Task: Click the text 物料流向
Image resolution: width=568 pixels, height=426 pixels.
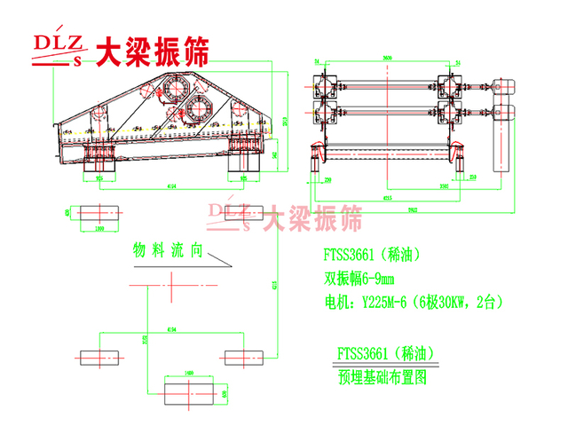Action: click(169, 251)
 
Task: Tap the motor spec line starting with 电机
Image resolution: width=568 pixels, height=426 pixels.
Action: click(409, 302)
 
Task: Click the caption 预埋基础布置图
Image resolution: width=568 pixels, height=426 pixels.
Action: click(383, 376)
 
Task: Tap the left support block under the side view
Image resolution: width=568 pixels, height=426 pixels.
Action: click(96, 160)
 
